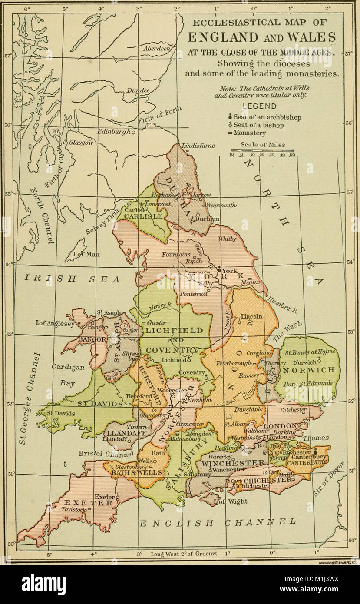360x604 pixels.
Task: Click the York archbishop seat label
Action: click(x=230, y=270)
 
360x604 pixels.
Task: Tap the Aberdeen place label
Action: click(x=156, y=49)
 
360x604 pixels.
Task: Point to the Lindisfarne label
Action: click(x=198, y=146)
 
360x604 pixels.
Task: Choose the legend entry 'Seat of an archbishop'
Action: click(x=267, y=117)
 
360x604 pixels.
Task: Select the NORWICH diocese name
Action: click(x=309, y=370)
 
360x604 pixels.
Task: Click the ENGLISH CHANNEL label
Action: click(x=217, y=522)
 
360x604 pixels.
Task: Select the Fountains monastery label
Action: click(x=176, y=254)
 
